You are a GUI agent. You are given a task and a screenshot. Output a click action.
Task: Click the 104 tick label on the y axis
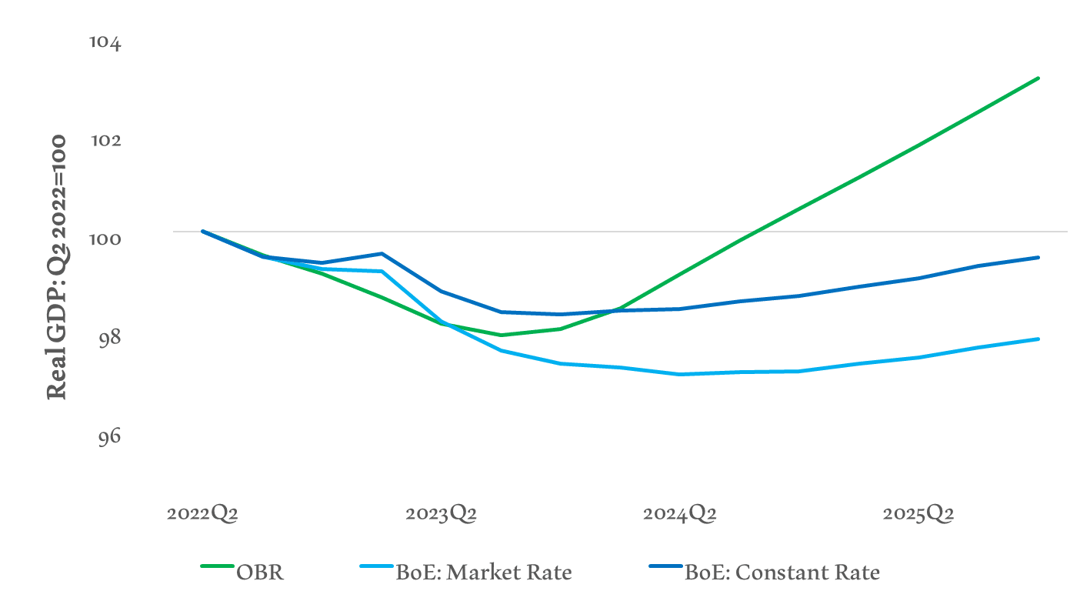click(x=105, y=42)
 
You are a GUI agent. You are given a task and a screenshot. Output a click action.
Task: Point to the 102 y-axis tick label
click(x=105, y=141)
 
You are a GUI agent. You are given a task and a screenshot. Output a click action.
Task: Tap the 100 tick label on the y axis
click(x=105, y=239)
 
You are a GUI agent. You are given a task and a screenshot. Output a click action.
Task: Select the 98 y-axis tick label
click(x=109, y=337)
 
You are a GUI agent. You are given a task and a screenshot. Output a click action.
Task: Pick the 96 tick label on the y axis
click(x=109, y=436)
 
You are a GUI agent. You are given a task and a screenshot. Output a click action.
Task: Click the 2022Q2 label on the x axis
click(x=202, y=514)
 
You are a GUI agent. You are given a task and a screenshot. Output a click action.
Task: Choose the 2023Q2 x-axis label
click(x=441, y=514)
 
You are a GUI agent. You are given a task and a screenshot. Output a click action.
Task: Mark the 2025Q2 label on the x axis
click(x=918, y=514)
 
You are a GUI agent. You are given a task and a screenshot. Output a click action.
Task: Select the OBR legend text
click(x=260, y=573)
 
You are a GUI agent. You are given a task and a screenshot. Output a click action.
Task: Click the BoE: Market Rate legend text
click(x=483, y=573)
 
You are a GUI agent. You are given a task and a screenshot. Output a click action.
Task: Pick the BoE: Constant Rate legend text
click(x=782, y=573)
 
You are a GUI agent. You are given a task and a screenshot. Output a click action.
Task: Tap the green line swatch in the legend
click(x=217, y=566)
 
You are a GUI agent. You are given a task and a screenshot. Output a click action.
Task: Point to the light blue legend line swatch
click(x=377, y=566)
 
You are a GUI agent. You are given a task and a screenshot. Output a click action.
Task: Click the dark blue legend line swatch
click(x=666, y=566)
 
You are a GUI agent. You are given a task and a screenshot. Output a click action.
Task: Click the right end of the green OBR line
click(x=1038, y=78)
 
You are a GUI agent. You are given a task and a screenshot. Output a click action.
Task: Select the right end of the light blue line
click(x=1038, y=339)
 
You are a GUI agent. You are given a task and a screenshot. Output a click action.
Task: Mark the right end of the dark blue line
click(x=1038, y=257)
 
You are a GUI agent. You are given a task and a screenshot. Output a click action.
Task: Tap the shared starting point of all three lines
click(x=203, y=231)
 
